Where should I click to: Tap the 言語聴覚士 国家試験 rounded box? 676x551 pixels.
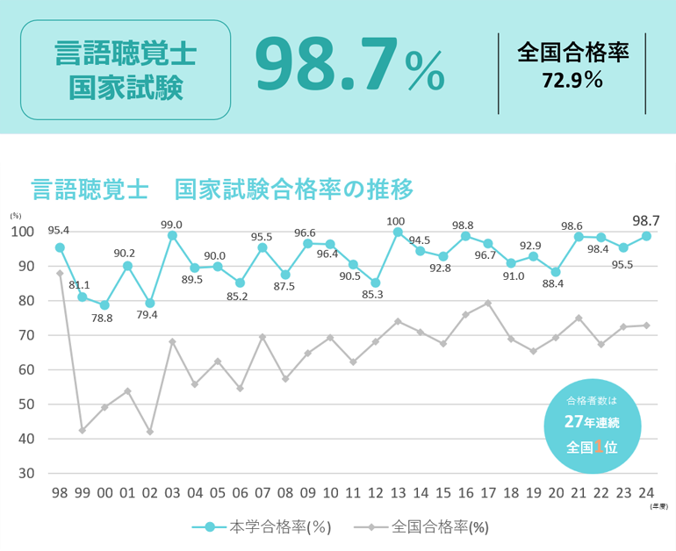[x=126, y=70]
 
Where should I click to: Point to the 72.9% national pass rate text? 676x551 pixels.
[x=572, y=81]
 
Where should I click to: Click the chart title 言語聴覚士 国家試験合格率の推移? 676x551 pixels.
[x=222, y=189]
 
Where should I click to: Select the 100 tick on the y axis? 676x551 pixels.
[x=22, y=232]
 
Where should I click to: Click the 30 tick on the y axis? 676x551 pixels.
[x=25, y=474]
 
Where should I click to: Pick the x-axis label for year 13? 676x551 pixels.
[x=398, y=492]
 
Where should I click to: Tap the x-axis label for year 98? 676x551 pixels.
[x=60, y=492]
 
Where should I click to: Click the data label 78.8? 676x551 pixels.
[x=104, y=318]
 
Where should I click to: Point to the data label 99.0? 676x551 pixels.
[x=172, y=225]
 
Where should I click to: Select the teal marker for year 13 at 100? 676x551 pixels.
[x=398, y=233]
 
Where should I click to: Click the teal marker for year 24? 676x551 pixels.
[x=646, y=236]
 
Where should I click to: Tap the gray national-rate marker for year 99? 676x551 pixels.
[x=83, y=430]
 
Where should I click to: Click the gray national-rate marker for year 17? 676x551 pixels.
[x=488, y=304]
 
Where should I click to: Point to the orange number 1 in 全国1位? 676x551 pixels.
[x=598, y=446]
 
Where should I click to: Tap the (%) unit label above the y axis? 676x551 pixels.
[x=16, y=215]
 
